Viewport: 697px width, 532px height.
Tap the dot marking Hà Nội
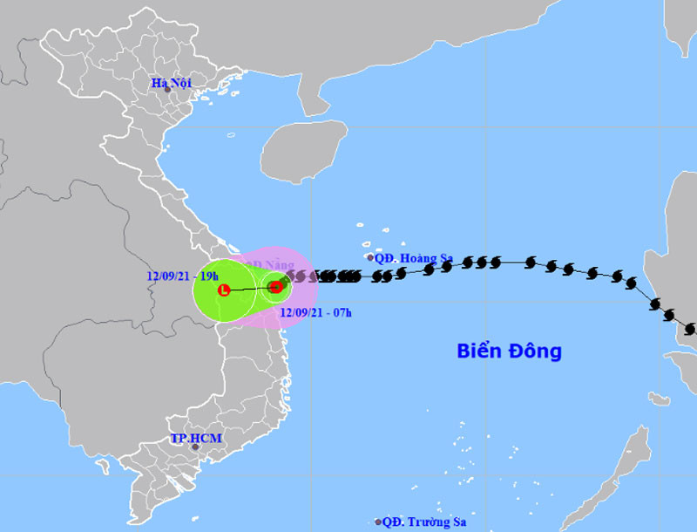point(167,90)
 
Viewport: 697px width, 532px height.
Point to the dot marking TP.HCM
point(196,447)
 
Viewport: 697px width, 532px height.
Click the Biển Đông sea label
point(510,351)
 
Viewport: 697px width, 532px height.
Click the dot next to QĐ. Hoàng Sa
point(370,257)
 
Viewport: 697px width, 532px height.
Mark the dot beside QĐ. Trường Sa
point(378,522)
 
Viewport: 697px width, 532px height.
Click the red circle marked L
point(224,290)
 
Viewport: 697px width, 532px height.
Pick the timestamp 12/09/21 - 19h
point(183,276)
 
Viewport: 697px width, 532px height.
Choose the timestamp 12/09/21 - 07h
point(315,311)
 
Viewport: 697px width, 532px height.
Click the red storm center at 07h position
point(276,286)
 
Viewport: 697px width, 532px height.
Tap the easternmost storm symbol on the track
point(691,330)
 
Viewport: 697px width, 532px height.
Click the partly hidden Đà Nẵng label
point(266,264)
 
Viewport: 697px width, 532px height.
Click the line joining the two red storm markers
point(250,288)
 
